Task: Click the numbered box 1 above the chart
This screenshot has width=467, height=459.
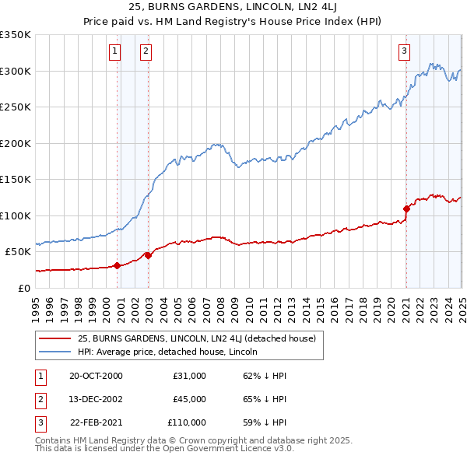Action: coord(114,52)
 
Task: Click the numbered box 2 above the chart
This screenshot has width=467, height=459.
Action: coord(146,52)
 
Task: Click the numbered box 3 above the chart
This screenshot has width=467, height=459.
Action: coord(405,52)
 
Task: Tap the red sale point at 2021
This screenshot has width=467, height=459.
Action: coord(406,208)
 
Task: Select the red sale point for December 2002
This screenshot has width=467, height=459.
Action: coord(148,255)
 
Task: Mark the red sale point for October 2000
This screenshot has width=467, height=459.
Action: coord(118,265)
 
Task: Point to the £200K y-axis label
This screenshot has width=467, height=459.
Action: coord(16,143)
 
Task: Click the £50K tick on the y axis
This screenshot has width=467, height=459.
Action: coord(19,252)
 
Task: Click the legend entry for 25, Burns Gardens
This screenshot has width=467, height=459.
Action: coord(196,339)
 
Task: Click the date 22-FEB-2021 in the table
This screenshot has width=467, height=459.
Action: coord(97,422)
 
